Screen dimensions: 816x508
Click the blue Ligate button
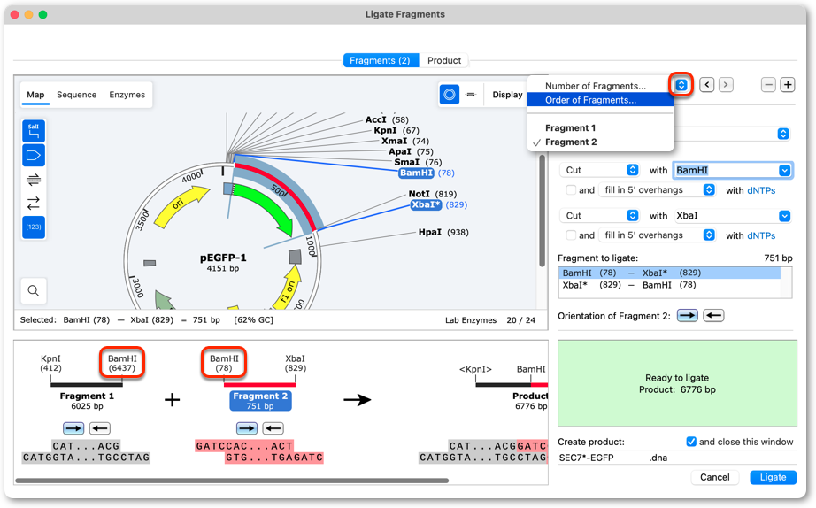773,477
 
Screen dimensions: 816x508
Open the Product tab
444,60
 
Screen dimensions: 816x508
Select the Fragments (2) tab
380,60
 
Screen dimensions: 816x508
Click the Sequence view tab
76,95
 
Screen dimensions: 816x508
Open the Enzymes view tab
127,95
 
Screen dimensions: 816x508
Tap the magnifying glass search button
34,290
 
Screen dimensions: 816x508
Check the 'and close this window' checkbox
691,442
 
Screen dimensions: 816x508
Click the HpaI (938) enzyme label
443,232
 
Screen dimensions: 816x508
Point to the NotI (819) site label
433,194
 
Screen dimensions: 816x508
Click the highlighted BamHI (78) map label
427,173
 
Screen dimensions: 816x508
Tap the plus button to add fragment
788,85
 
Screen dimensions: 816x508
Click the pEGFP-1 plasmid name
223,258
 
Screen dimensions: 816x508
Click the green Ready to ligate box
677,383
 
